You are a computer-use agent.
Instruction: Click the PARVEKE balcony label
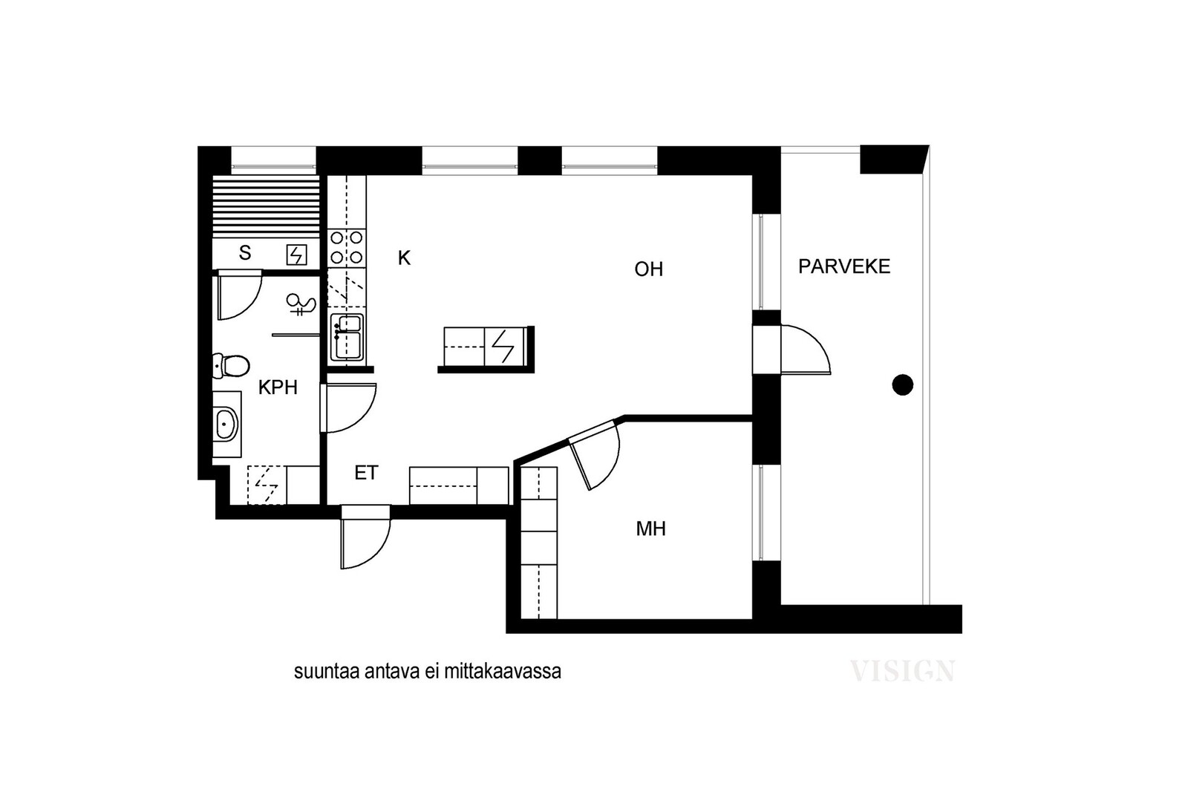click(x=843, y=266)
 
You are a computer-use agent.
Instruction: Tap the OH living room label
click(x=649, y=269)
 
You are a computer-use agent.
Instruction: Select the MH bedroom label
click(x=650, y=528)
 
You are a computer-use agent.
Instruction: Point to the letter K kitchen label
click(x=404, y=258)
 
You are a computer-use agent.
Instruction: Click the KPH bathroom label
click(x=278, y=387)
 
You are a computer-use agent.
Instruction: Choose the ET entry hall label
click(x=366, y=472)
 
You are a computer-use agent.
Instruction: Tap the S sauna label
click(x=244, y=253)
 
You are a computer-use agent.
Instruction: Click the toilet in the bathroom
click(x=231, y=366)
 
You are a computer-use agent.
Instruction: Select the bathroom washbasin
click(x=227, y=424)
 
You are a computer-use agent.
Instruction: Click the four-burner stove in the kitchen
click(x=347, y=248)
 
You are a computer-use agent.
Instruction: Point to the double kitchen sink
click(x=347, y=337)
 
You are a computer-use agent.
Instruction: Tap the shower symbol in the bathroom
click(x=301, y=304)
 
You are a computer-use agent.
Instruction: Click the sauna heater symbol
click(x=296, y=255)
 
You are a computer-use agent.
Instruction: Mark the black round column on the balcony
click(x=903, y=385)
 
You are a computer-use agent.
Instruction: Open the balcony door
click(x=805, y=350)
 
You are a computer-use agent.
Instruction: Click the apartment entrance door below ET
click(x=365, y=537)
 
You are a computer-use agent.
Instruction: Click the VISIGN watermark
click(x=902, y=671)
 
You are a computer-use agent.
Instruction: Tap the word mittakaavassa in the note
click(x=502, y=672)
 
